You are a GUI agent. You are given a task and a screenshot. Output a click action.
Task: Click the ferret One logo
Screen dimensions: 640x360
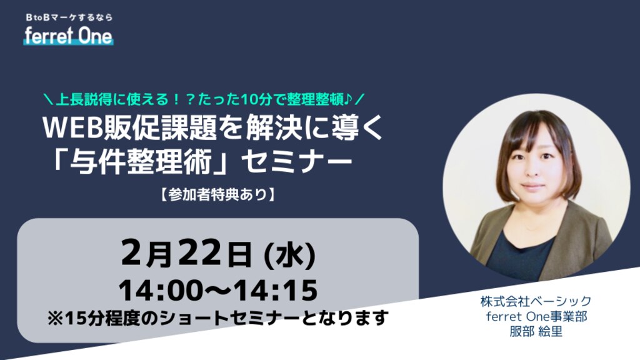coord(68,36)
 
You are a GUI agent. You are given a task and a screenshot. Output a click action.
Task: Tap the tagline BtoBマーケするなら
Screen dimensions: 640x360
coord(69,17)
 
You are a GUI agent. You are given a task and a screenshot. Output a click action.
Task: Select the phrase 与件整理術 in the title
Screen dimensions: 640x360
coord(141,162)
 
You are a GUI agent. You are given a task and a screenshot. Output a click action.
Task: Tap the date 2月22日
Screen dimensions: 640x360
coord(186,253)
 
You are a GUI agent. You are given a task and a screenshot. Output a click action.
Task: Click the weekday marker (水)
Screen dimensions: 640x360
coord(290,255)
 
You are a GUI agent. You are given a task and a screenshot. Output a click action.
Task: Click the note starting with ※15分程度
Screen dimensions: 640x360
coord(217,318)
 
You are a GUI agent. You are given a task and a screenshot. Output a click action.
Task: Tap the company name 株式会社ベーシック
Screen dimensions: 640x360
coord(536,301)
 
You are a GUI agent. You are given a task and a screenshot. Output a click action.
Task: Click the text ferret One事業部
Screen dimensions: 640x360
coord(536,316)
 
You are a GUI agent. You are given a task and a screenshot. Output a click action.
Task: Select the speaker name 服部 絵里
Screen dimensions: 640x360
coord(536,331)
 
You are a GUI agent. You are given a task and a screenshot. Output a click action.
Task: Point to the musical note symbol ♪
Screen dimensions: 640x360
coord(348,99)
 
